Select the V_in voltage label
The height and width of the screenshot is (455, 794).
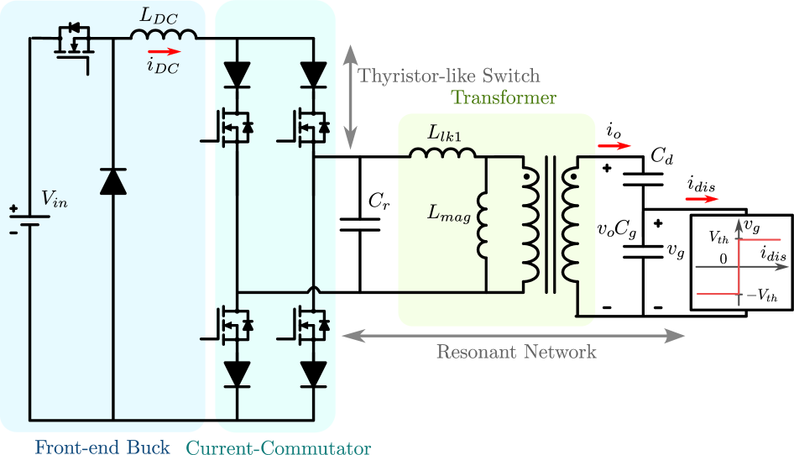[55, 199]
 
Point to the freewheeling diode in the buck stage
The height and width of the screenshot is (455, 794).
[112, 180]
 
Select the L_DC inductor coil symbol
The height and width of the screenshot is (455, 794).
[164, 35]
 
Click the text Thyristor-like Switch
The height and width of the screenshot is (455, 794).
[449, 76]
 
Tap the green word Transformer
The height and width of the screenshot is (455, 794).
[504, 97]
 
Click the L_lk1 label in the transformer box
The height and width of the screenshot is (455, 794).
[444, 133]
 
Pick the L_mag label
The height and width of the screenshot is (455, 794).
[448, 214]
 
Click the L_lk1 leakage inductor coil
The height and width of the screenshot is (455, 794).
[442, 153]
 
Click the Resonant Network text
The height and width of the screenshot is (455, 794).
[515, 351]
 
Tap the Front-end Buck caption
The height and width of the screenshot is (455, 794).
[102, 447]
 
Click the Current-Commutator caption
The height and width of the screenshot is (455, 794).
[278, 447]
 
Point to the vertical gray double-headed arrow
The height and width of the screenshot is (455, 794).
[351, 97]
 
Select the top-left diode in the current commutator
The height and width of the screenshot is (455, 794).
[238, 74]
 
